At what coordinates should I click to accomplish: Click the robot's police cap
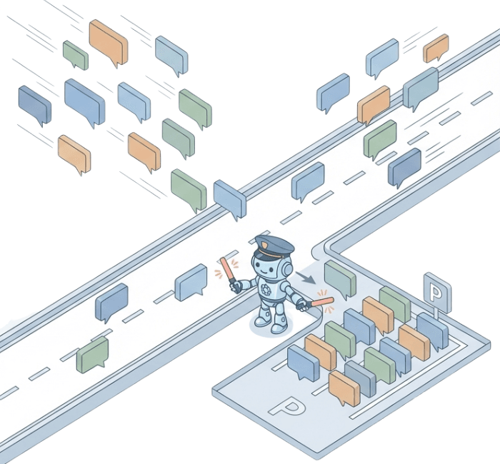pos(273,247)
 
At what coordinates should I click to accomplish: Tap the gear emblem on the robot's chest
pos(267,291)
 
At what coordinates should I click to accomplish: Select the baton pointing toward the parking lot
pos(326,302)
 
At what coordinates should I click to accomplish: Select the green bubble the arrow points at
pos(339,279)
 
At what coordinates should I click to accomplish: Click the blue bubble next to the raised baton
pos(191,282)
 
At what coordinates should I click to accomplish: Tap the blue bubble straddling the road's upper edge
pos(230,198)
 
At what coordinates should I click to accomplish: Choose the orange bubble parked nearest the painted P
pos(344,387)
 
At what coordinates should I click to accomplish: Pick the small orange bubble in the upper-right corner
pos(435,48)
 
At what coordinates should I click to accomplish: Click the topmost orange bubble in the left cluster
pos(108,41)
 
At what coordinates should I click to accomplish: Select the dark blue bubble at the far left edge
pos(34,104)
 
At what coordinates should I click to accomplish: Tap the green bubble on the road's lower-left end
pos(93,355)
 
